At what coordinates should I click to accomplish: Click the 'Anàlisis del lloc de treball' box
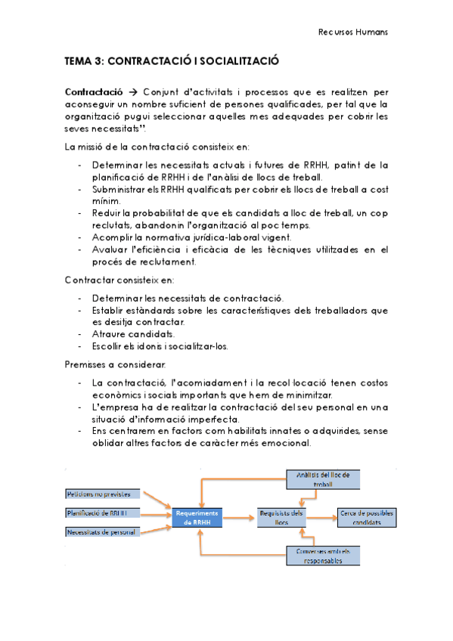(x=323, y=478)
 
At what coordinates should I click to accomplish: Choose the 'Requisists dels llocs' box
(x=281, y=517)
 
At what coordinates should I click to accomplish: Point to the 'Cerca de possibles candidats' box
(x=366, y=517)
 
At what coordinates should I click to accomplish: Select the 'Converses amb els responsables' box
(x=323, y=556)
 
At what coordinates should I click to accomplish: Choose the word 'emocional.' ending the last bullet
(x=284, y=444)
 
